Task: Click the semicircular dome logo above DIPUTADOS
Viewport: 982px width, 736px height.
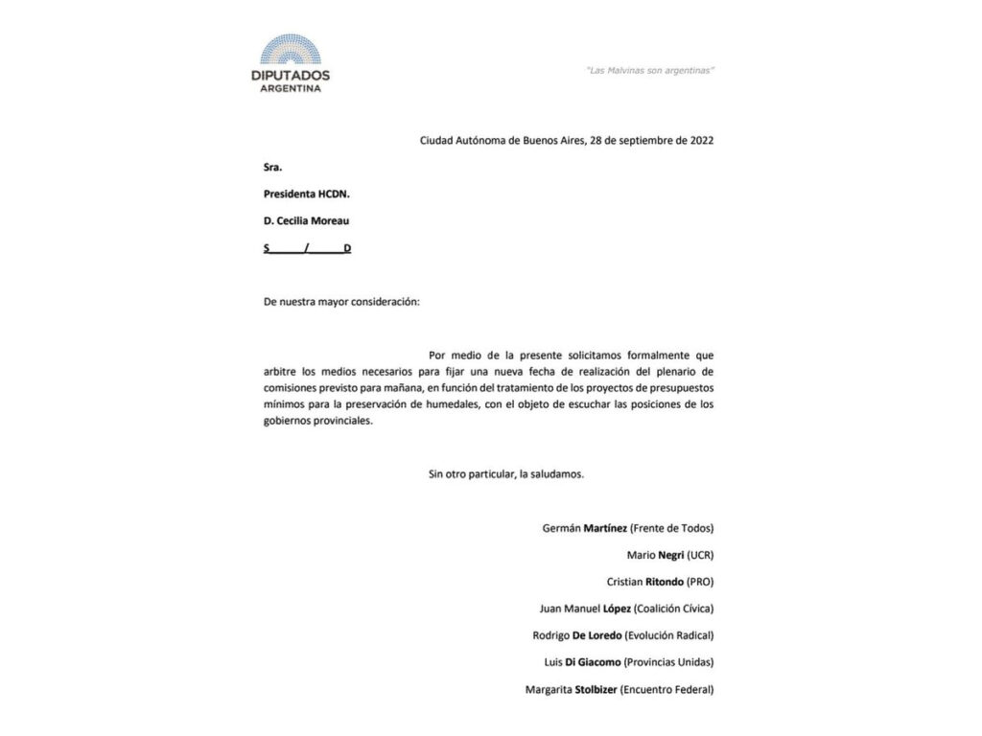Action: click(x=291, y=51)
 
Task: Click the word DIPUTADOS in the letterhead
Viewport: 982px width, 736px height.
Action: click(x=291, y=75)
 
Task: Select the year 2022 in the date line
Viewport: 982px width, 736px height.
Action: click(x=701, y=140)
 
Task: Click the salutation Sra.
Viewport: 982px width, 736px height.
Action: click(x=273, y=167)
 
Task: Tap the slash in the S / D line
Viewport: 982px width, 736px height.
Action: click(x=306, y=248)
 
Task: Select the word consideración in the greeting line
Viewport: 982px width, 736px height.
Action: click(x=381, y=301)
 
